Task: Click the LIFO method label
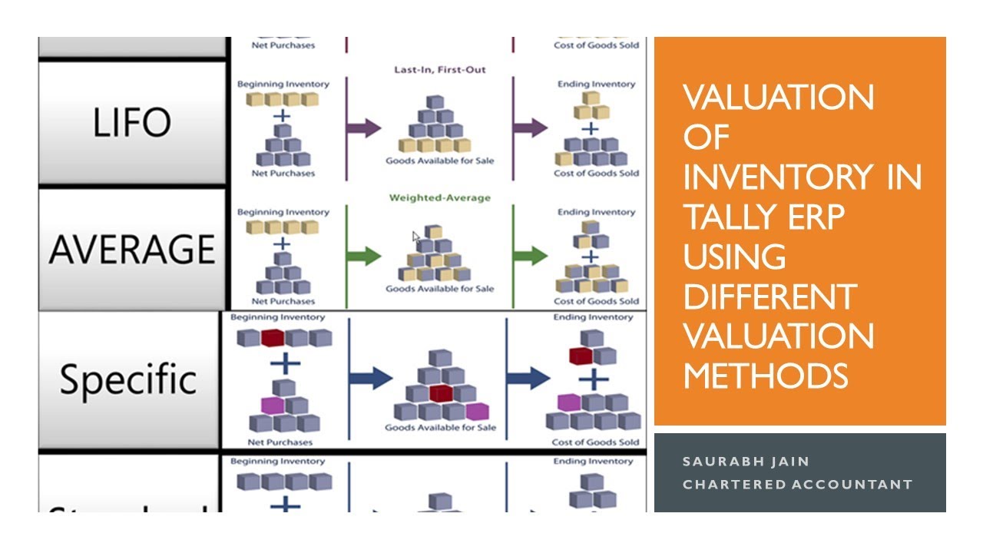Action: (131, 123)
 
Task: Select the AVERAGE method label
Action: (131, 249)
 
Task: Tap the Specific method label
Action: (128, 379)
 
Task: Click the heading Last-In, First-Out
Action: (440, 70)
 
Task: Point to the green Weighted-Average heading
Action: (439, 198)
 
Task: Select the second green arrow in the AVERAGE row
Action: (530, 256)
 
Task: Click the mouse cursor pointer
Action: (416, 237)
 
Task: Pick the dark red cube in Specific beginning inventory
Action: (273, 338)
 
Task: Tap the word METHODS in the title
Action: (765, 376)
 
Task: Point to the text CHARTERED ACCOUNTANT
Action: (797, 484)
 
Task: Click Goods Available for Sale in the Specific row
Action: (440, 427)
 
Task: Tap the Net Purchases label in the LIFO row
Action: (283, 174)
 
